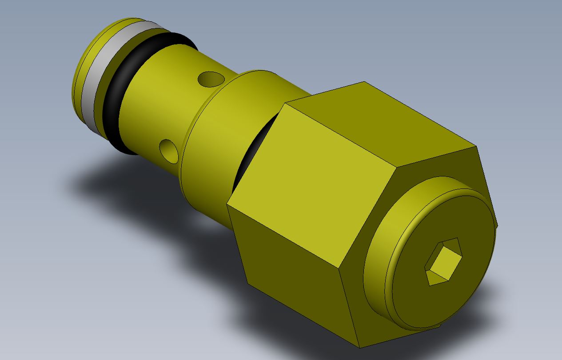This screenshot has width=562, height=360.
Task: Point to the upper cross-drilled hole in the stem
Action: (x=211, y=79)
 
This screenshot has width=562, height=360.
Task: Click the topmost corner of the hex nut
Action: (x=364, y=82)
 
